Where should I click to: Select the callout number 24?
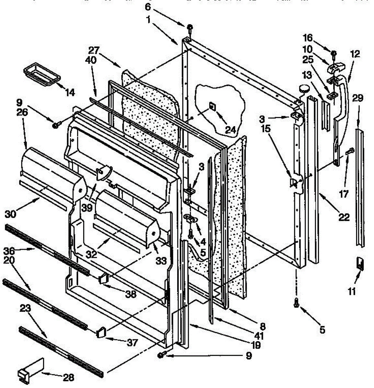point(230,129)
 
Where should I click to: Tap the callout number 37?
point(132,342)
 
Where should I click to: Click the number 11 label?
point(352,291)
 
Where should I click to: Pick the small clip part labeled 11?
point(359,263)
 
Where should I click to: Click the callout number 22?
point(344,217)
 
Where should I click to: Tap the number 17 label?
point(344,194)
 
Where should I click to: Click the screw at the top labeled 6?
point(190,28)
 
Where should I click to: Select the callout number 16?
point(307,38)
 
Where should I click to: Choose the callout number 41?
point(259,336)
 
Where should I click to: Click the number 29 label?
point(358,98)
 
